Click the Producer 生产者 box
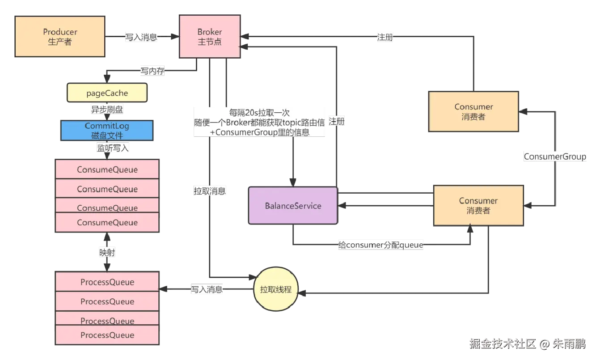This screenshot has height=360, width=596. (x=60, y=37)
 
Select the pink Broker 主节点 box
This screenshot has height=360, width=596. (x=209, y=37)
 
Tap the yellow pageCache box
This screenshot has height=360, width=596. (x=107, y=93)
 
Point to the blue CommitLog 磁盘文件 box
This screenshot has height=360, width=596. (x=107, y=130)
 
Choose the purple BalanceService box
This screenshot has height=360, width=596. (x=293, y=206)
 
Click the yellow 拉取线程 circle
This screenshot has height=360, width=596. (x=276, y=289)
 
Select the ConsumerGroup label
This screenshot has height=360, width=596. (x=554, y=157)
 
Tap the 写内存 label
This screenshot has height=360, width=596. (x=152, y=71)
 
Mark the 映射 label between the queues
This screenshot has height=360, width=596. (x=107, y=253)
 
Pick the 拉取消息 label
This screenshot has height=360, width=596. (x=210, y=191)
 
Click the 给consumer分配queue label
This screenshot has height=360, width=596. (x=380, y=245)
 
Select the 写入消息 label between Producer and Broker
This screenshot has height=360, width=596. (x=141, y=38)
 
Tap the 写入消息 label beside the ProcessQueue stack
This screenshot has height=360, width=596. (x=207, y=289)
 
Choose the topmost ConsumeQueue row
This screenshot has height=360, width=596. (x=107, y=169)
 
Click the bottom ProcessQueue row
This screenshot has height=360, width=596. (x=107, y=335)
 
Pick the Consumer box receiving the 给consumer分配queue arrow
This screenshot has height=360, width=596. (x=478, y=206)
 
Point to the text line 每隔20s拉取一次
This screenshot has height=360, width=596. (x=259, y=113)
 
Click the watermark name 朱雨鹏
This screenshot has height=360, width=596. (x=569, y=343)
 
